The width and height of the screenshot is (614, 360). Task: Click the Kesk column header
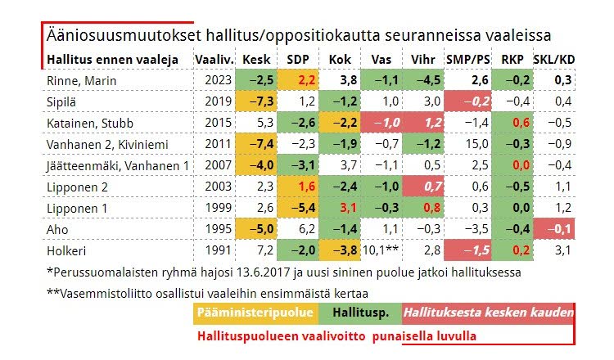[x=257, y=60]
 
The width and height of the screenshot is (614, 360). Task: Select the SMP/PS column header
[x=468, y=60]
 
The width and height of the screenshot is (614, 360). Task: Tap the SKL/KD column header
[x=553, y=60]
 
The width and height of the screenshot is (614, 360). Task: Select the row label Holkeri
[x=66, y=250]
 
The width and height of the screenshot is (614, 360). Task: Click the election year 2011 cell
[x=214, y=144]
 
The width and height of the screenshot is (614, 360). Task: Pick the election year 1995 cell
[x=214, y=228]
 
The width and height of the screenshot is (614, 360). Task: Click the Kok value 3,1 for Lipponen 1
[x=341, y=207]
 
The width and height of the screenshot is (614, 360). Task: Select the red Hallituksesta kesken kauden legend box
[x=487, y=313]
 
